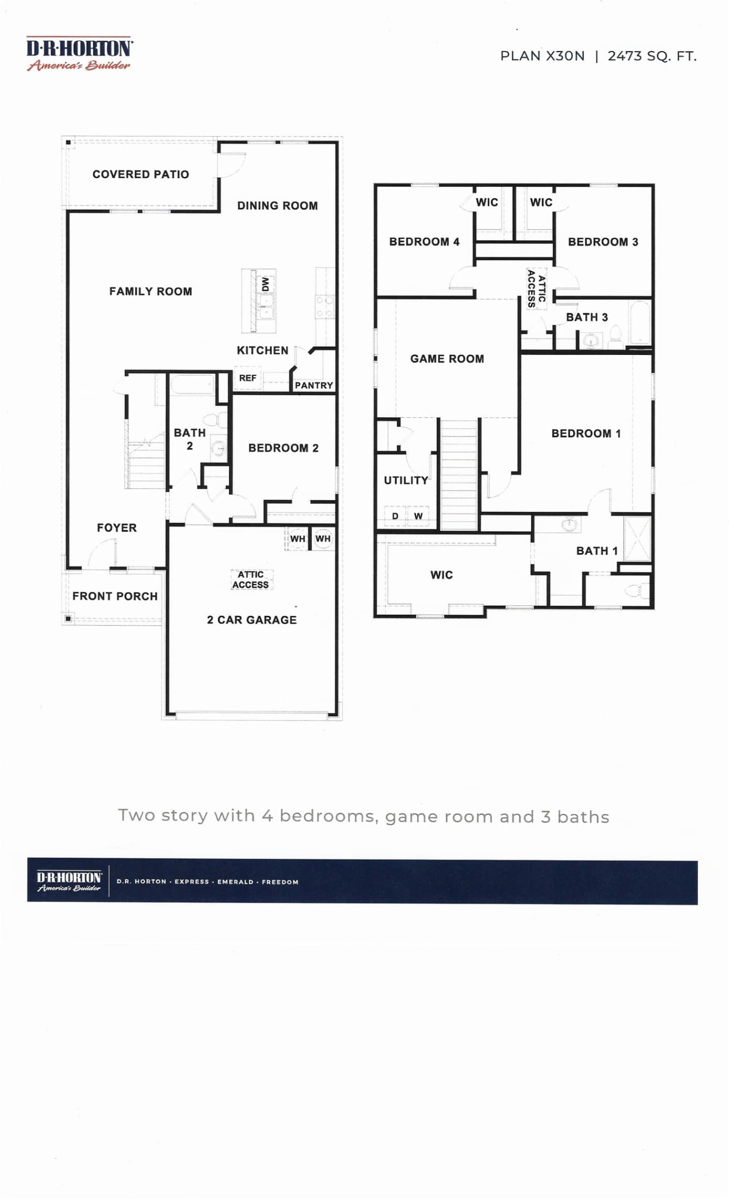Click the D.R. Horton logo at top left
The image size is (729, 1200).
point(79,54)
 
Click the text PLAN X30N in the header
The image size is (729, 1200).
point(542,56)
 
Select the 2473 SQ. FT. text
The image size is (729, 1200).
point(652,56)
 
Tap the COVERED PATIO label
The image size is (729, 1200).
point(141,174)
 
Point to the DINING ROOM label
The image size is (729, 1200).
point(277,206)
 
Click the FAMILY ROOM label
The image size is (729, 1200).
point(151,291)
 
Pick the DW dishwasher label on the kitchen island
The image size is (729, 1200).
point(265,284)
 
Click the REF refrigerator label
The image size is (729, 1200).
point(247,378)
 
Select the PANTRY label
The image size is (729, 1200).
point(314,385)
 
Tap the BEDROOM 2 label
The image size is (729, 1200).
point(284,448)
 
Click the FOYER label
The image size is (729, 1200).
point(117,528)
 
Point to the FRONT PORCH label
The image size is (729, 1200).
point(115,596)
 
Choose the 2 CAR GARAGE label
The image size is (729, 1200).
point(252,620)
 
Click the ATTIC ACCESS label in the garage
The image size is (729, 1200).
point(251,579)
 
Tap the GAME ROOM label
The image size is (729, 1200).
point(447,359)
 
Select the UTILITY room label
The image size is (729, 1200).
point(406,481)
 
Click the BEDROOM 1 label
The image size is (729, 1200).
point(586,433)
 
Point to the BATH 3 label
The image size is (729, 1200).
point(587,317)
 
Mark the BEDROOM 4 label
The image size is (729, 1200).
point(424,242)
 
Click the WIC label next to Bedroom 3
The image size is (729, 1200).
point(541,202)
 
